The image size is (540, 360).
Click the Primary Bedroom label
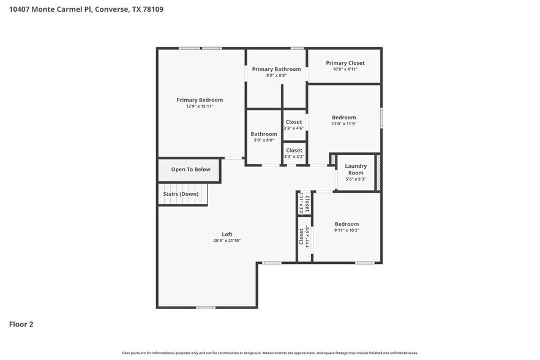(200, 100)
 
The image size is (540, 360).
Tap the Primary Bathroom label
(276, 69)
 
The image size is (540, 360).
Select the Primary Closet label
(345, 63)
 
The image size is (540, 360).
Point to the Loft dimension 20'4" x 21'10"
(227, 241)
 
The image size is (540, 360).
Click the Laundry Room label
(356, 169)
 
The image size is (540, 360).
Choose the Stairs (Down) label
(181, 193)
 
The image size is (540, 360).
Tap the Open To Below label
(190, 170)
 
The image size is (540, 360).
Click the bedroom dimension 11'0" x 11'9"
(343, 124)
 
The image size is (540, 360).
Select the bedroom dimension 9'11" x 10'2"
(346, 231)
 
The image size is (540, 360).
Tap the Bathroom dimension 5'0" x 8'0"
(264, 140)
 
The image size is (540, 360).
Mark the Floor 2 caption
(21, 324)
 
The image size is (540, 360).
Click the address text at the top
(86, 10)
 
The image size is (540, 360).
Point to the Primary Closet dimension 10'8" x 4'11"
(345, 69)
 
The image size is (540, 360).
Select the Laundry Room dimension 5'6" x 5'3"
(356, 179)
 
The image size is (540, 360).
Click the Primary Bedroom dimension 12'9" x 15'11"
(200, 106)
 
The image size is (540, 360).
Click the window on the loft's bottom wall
(205, 307)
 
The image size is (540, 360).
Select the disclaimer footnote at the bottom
(270, 353)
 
